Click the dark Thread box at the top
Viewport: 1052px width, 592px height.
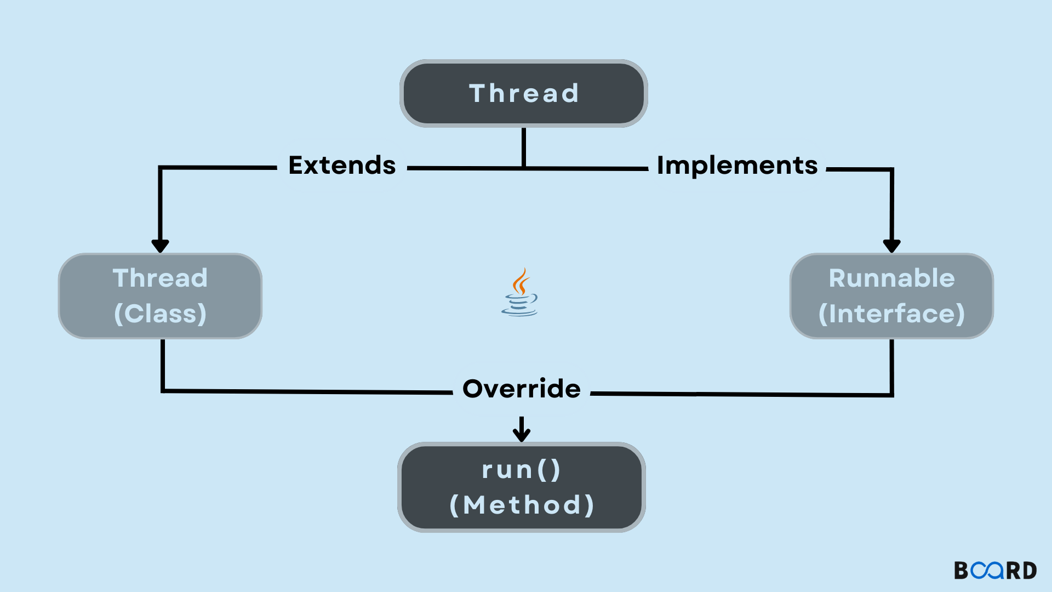point(524,94)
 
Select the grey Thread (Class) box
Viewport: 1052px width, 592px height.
point(160,296)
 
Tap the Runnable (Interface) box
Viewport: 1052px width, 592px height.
point(891,296)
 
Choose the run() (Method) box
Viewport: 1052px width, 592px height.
point(522,487)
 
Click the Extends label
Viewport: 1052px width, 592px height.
point(342,166)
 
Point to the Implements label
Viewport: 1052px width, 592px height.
point(737,166)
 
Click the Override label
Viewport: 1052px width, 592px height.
point(522,389)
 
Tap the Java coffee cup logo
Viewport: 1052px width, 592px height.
point(519,293)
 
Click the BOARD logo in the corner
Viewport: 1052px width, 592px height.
point(995,571)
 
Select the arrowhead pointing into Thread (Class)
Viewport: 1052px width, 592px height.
point(160,246)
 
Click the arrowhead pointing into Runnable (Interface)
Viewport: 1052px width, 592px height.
point(891,246)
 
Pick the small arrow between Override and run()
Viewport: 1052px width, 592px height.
point(522,430)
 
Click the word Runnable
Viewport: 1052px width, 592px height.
point(891,278)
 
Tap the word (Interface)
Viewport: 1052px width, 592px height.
point(891,314)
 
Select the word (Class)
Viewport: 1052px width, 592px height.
point(160,314)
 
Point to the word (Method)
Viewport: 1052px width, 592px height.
point(522,505)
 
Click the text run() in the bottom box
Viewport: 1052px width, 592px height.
point(522,470)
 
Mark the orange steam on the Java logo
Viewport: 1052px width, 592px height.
point(521,281)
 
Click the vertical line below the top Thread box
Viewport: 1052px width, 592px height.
point(524,147)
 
